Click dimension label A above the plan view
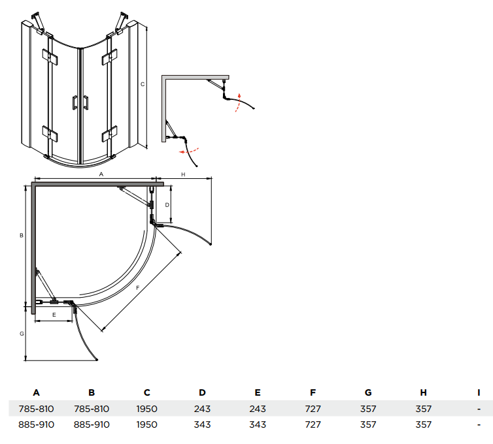101,174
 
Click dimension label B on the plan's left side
22,235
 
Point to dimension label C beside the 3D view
142,84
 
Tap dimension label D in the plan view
167,204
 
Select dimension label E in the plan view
54,315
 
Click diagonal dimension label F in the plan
137,287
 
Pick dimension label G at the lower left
22,333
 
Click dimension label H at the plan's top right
183,174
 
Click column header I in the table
479,392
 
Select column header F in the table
313,392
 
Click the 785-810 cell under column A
37,409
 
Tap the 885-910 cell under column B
92,424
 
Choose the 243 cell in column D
202,409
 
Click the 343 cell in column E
258,424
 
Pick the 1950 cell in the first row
147,409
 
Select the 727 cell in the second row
313,424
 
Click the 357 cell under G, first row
368,409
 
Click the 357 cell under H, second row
424,424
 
